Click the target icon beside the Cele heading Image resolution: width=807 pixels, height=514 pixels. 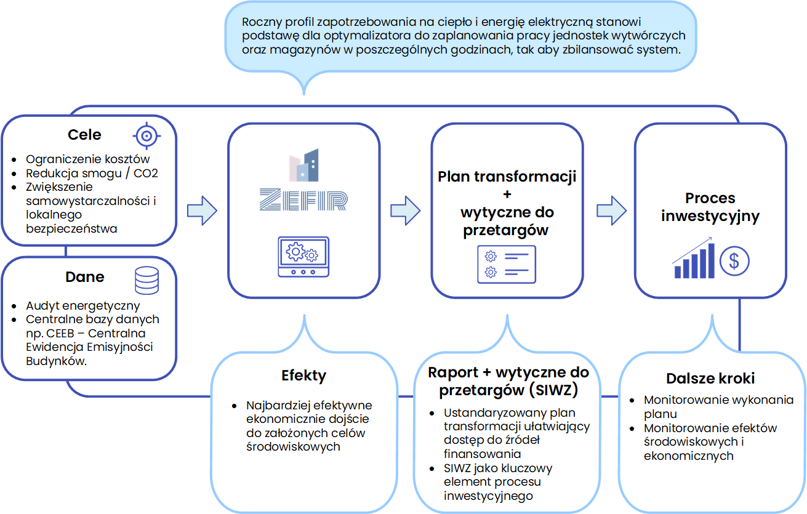click(x=146, y=135)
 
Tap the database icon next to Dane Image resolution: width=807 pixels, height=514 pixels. click(x=147, y=280)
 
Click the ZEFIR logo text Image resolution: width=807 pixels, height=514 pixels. click(x=303, y=199)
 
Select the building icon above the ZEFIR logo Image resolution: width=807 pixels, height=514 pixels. click(x=304, y=166)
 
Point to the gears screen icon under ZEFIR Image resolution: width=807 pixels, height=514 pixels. click(x=303, y=257)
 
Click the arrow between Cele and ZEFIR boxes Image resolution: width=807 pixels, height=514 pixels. click(x=202, y=211)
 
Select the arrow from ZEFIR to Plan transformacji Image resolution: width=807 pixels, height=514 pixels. click(x=405, y=211)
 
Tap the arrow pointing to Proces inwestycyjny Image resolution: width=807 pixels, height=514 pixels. click(x=611, y=211)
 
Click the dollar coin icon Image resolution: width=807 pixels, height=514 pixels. click(x=734, y=261)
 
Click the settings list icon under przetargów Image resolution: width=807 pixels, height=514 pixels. click(x=507, y=264)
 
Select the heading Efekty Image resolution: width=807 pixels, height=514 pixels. click(x=303, y=375)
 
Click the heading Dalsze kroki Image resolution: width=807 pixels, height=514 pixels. click(x=710, y=379)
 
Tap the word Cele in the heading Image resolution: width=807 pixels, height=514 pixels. click(x=84, y=135)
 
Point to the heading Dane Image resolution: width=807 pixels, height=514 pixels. click(x=85, y=277)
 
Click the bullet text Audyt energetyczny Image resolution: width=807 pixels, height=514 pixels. click(x=83, y=305)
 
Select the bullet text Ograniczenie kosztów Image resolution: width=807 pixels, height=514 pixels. click(x=88, y=159)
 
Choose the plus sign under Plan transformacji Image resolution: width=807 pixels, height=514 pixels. click(x=507, y=195)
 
